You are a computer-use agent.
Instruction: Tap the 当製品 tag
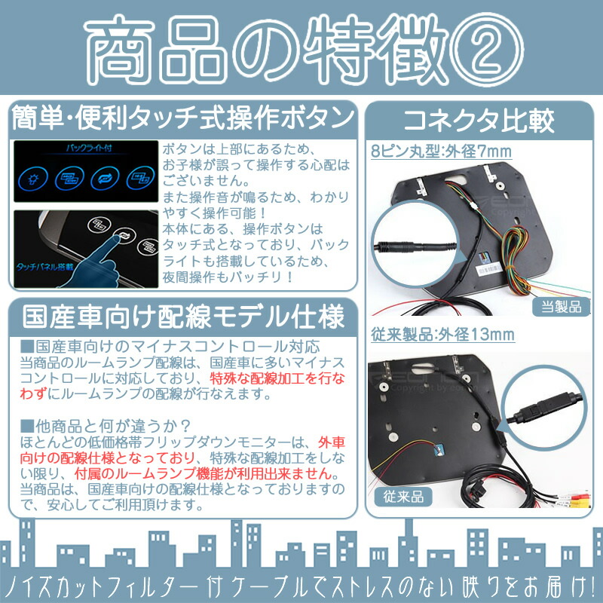click(559, 307)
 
